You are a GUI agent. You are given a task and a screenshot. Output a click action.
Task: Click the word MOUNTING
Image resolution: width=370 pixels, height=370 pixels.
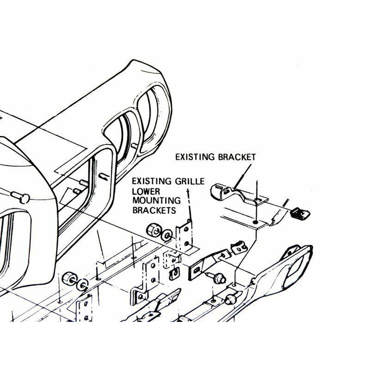(x=156, y=201)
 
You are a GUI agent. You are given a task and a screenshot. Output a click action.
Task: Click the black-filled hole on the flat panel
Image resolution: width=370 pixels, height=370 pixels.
(x=255, y=222)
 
